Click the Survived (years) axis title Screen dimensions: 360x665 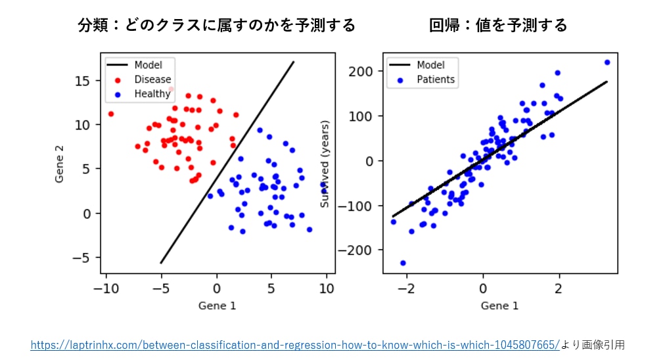(x=325, y=164)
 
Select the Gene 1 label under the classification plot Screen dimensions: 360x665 (x=217, y=305)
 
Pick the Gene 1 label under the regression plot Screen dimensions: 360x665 (x=499, y=305)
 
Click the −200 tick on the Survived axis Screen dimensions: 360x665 (x=359, y=250)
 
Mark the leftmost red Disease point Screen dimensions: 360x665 (x=111, y=114)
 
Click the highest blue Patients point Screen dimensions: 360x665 (x=607, y=62)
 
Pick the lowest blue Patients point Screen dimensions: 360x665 (x=403, y=263)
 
